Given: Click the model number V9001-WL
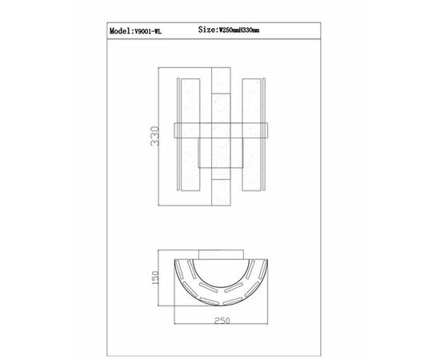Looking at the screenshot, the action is point(148,31).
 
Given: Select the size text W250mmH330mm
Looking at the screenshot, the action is point(239,30).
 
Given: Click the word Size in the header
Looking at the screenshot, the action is point(207,29).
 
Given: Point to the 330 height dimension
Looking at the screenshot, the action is point(155,136).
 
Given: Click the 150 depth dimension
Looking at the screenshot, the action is point(155,278).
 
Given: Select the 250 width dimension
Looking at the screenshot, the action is point(222,321).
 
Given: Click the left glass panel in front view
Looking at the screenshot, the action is point(190,134).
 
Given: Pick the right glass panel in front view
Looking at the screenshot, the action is point(251,134).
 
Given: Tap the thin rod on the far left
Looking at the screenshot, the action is point(178,134).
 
